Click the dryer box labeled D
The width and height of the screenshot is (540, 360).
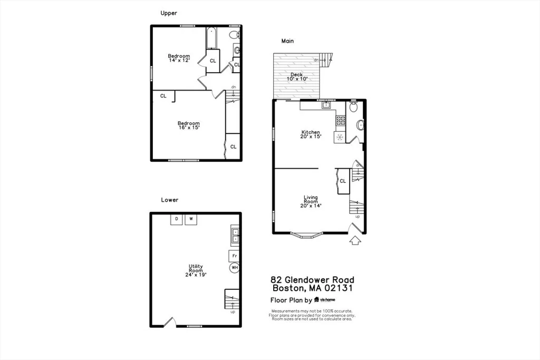pos(177,219)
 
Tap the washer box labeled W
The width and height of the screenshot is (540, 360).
pos(191,219)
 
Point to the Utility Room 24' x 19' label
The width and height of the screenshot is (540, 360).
pos(196,270)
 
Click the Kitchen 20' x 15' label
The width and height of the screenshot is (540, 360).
pos(311,134)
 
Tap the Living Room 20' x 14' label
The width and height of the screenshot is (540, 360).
pos(311,201)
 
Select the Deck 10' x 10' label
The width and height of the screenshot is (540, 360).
pos(296,77)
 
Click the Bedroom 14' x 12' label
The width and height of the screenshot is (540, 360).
pos(179,58)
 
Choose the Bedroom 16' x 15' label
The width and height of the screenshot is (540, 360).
pos(188,125)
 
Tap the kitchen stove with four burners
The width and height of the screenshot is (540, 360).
pos(341,120)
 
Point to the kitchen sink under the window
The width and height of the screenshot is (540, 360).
pos(326,105)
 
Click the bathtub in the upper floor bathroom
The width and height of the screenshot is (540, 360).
pos(210,38)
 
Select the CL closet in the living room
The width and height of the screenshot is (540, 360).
pos(342,181)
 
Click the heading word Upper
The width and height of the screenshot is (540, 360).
pos(169,13)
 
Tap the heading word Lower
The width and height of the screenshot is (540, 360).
pos(170,200)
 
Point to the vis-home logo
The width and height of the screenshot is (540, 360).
pos(325,300)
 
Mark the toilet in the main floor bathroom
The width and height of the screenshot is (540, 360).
pos(354,107)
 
